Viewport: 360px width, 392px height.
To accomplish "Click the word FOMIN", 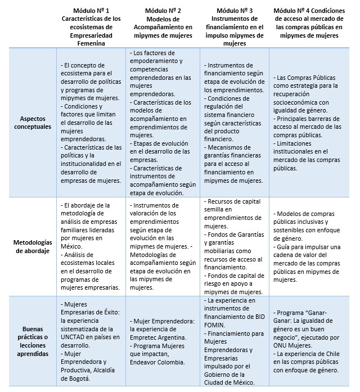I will tap(216, 325).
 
